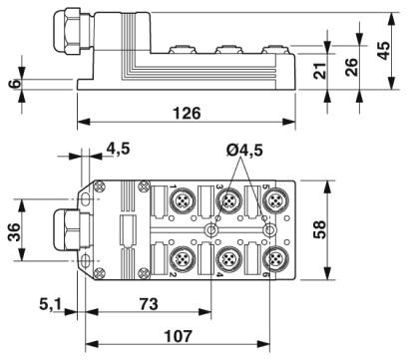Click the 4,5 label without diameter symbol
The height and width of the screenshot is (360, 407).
click(117, 151)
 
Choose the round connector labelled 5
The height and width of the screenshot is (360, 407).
click(272, 200)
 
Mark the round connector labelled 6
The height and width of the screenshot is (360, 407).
click(272, 259)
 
